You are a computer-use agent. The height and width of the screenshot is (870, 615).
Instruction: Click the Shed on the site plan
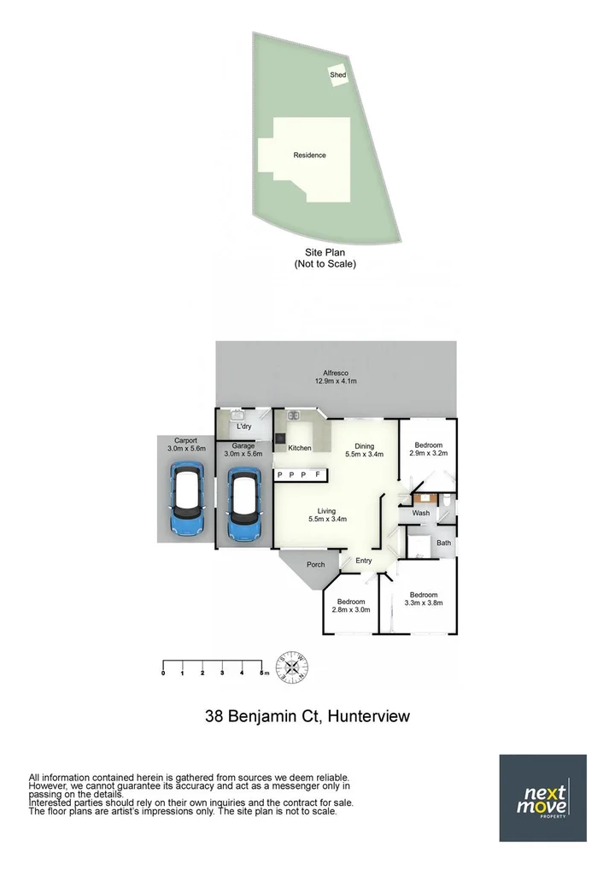[x=338, y=75]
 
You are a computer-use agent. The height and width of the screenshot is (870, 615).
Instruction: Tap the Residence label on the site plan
[x=309, y=156]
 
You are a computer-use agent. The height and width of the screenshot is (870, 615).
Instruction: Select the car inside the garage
[x=245, y=505]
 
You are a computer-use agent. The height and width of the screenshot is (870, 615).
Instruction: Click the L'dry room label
[x=243, y=426]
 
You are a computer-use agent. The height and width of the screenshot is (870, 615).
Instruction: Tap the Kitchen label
[x=299, y=449]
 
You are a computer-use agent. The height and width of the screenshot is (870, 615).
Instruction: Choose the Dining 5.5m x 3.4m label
[x=365, y=450]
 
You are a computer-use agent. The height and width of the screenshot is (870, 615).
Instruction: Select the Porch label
[x=316, y=564]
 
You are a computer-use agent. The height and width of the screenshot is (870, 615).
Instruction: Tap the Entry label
[x=364, y=561]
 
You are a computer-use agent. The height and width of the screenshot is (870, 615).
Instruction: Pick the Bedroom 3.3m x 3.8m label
[x=423, y=599]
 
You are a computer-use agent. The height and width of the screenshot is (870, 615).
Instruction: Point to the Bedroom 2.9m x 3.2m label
[x=428, y=450]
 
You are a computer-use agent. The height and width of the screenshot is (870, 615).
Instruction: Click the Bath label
[x=443, y=543]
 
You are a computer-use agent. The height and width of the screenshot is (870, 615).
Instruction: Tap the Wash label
[x=420, y=513]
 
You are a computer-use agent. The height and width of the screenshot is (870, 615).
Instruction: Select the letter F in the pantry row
[x=317, y=474]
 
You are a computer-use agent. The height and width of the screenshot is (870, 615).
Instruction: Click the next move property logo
[x=542, y=797]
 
